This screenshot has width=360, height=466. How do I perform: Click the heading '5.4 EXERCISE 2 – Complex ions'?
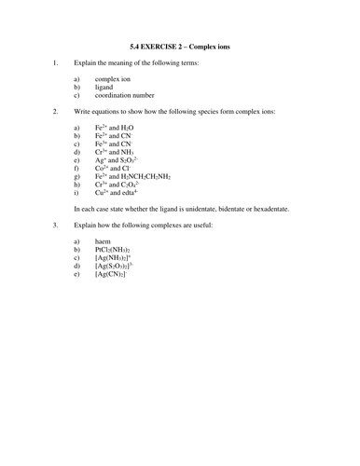(x=180, y=43)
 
